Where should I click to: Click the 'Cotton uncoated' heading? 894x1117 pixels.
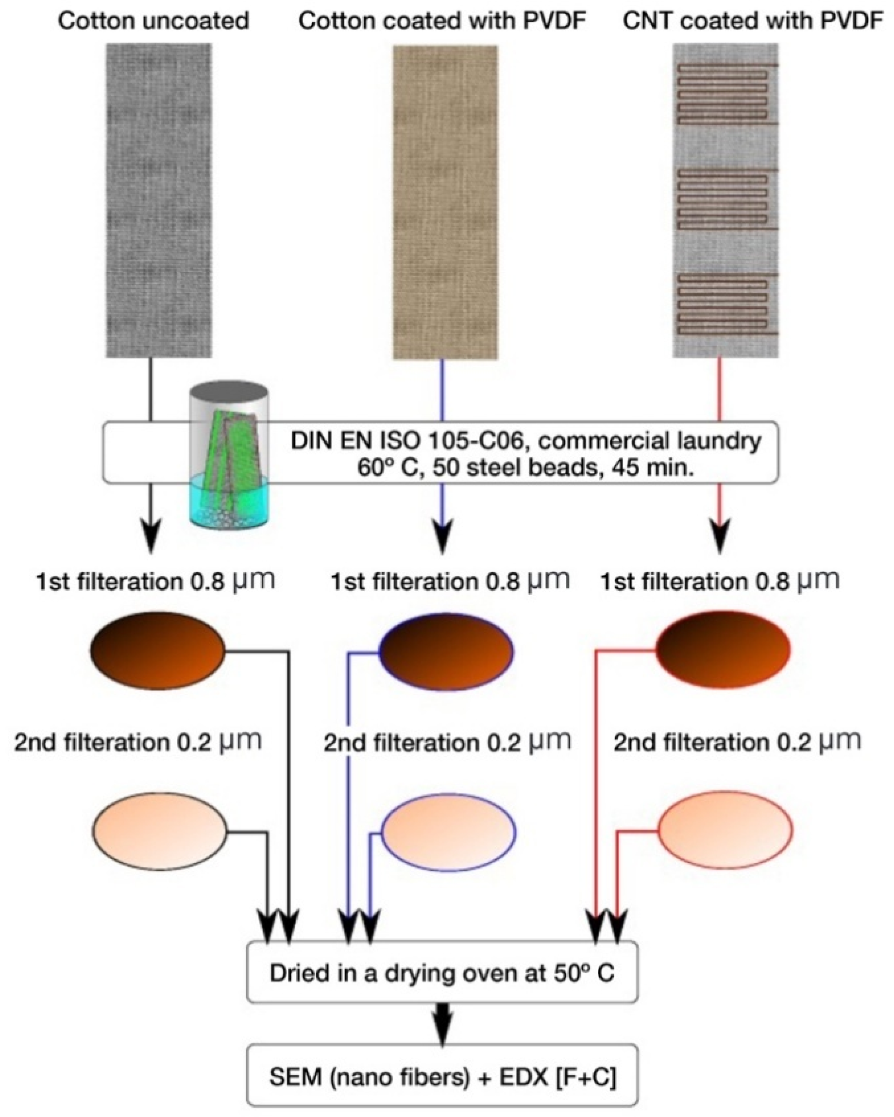click(x=153, y=22)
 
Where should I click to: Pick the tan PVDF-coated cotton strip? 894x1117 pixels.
click(x=445, y=202)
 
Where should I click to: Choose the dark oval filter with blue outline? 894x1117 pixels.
click(x=447, y=649)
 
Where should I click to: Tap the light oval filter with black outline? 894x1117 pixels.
click(x=160, y=833)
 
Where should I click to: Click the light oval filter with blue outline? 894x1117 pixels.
click(x=449, y=833)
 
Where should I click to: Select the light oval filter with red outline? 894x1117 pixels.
click(x=725, y=830)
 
